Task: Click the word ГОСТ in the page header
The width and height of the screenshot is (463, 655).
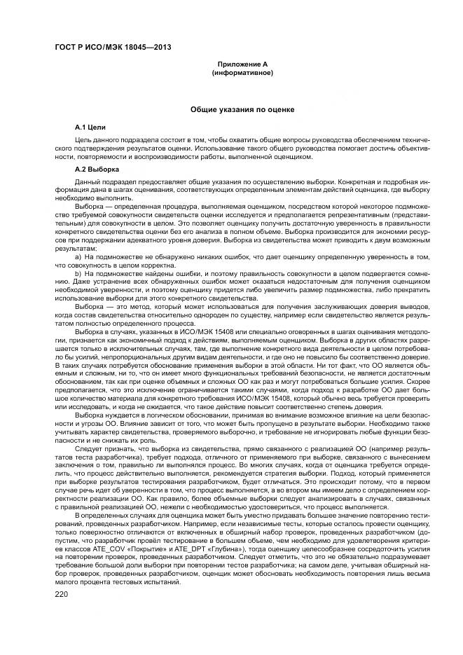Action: (x=66, y=48)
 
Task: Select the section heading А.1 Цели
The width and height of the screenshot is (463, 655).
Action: (x=90, y=128)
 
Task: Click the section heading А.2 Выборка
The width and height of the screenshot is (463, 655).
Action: (x=97, y=169)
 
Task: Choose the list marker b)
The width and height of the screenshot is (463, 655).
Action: (x=78, y=273)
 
